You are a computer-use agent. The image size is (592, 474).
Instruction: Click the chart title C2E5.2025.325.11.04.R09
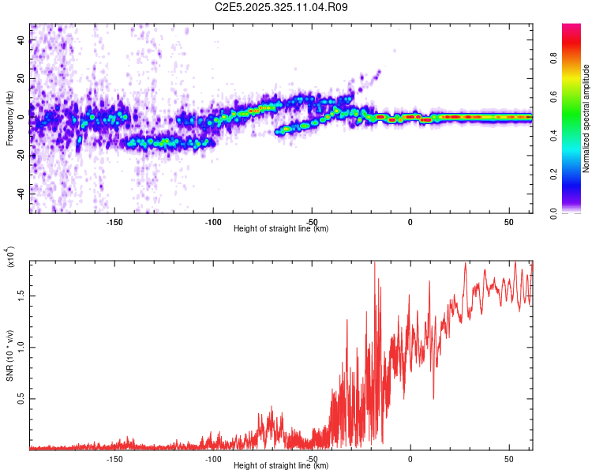(x=282, y=7)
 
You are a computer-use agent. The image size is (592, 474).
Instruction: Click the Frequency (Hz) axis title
(x=9, y=117)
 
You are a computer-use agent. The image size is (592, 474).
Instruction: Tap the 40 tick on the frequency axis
(x=21, y=41)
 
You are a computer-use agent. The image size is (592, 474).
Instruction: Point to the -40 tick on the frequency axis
(x=21, y=193)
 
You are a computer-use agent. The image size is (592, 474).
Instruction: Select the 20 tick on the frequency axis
(x=21, y=79)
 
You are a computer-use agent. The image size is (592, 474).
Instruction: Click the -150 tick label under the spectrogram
(x=114, y=221)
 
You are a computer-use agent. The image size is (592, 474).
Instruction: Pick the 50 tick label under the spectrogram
(x=508, y=221)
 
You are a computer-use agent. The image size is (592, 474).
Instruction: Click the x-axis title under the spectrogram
(x=281, y=228)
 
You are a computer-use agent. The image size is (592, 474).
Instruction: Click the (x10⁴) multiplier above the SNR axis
(x=10, y=258)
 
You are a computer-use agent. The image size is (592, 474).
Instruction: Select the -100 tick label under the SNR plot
(x=213, y=458)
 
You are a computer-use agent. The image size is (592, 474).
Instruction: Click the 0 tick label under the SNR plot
(x=410, y=458)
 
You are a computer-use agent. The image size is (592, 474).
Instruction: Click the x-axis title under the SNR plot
(x=281, y=465)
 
